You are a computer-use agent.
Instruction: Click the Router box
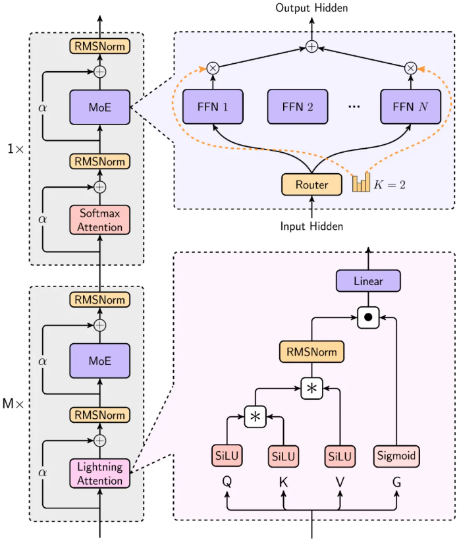[x=311, y=185]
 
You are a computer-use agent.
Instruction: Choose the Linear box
[x=368, y=281]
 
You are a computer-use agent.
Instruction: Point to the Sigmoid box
[x=397, y=455]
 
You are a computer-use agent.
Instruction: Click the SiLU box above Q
[x=227, y=455]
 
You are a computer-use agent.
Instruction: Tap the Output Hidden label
[x=311, y=8]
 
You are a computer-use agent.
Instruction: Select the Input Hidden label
[x=311, y=226]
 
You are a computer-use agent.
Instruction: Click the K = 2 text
[x=390, y=185]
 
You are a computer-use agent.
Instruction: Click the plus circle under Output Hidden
[x=311, y=47]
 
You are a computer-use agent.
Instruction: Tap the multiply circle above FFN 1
[x=213, y=67]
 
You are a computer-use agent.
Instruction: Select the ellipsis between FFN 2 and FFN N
[x=355, y=107]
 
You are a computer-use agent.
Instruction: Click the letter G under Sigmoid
[x=396, y=482]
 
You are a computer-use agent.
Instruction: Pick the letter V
[x=340, y=482]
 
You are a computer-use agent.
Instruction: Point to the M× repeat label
[x=13, y=402]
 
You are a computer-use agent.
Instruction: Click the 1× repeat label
[x=14, y=149]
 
